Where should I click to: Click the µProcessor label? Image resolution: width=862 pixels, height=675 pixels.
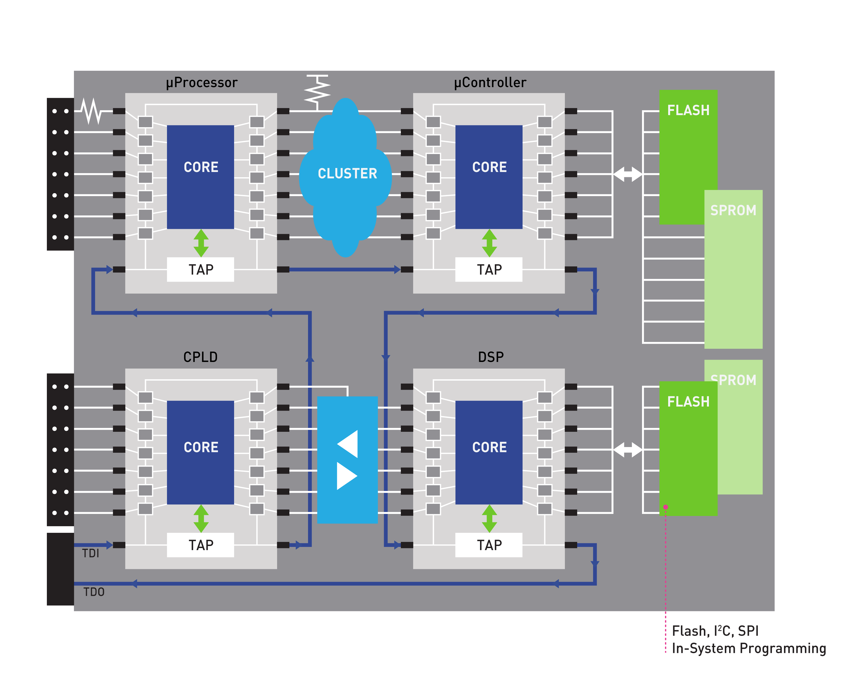(202, 83)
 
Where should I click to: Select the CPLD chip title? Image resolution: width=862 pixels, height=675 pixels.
(200, 357)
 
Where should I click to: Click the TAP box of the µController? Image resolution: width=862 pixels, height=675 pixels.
(489, 270)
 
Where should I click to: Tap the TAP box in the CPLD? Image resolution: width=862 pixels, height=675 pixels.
(201, 545)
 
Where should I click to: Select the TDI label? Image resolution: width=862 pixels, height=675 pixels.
(91, 553)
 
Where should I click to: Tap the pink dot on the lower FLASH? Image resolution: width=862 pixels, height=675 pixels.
(666, 507)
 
